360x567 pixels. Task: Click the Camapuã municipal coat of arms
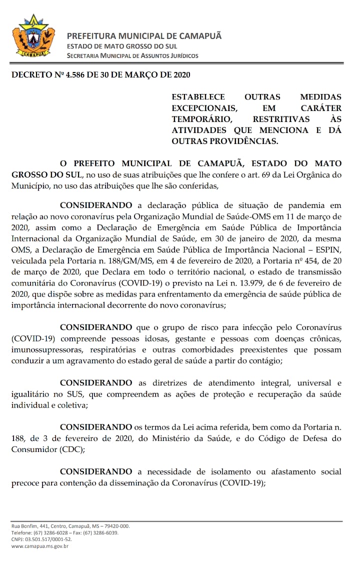coord(33,36)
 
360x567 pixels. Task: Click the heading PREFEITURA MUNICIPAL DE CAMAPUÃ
coord(144,36)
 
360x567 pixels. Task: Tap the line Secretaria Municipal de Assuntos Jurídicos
coord(132,56)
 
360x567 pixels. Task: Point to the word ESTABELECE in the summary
coord(198,97)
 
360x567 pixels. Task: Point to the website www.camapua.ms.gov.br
coord(39,546)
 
